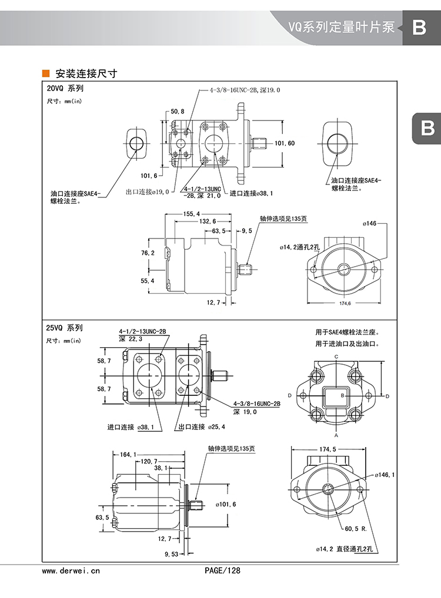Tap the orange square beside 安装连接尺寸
45,74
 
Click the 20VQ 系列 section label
65,89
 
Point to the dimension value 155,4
192,213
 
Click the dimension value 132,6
208,221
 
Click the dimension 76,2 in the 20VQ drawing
148,253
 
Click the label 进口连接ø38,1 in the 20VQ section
251,193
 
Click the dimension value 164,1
128,454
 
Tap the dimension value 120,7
151,461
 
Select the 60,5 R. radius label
356,529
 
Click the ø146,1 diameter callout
385,475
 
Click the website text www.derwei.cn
72,570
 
